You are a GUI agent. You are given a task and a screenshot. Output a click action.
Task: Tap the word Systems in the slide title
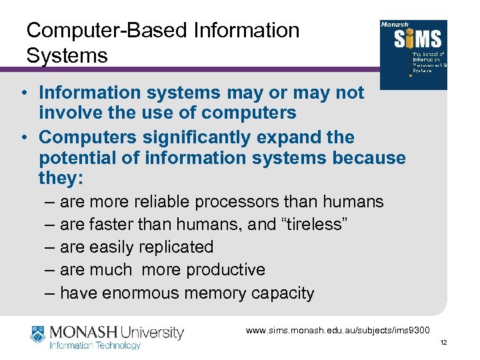(67, 56)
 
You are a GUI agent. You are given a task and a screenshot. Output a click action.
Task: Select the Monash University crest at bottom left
(39, 335)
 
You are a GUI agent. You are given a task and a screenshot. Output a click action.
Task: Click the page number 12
(443, 343)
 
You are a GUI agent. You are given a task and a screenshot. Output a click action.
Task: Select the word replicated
(175, 247)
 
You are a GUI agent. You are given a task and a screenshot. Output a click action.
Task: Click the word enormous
(143, 293)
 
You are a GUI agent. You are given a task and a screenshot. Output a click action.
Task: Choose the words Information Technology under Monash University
(97, 345)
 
